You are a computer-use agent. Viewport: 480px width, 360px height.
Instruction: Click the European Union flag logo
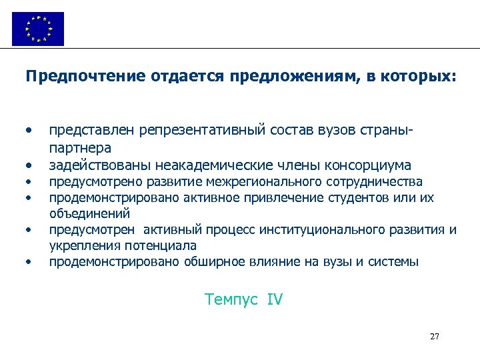tap(38, 28)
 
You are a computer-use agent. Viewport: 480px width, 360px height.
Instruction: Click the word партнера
tap(80, 147)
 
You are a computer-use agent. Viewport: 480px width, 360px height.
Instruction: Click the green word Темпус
tap(231, 300)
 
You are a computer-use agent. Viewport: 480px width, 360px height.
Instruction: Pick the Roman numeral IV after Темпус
tap(275, 300)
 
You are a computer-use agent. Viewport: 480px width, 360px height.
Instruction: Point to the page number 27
tap(435, 336)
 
